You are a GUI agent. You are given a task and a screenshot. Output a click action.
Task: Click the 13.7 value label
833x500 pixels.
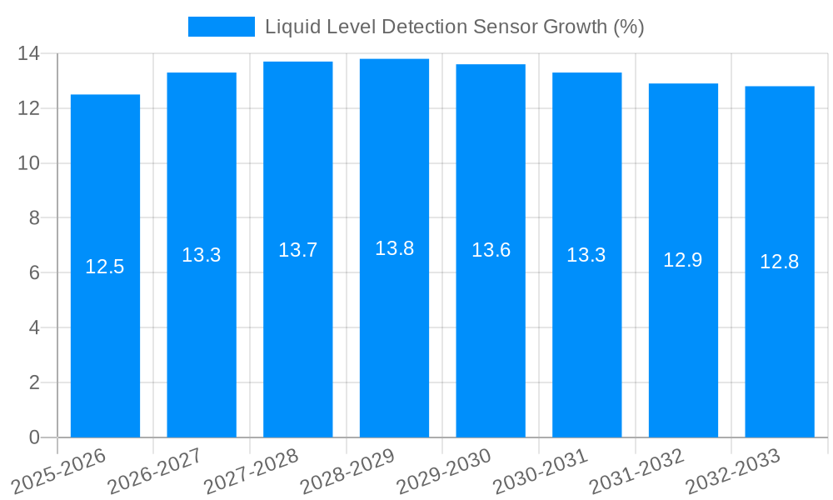297,250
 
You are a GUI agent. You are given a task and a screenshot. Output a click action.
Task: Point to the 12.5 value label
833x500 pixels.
105,267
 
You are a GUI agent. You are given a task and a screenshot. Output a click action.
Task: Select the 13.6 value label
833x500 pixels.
491,250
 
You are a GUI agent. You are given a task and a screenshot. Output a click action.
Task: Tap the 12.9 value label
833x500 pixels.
683,260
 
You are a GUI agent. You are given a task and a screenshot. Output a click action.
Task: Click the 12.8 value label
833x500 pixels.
780,262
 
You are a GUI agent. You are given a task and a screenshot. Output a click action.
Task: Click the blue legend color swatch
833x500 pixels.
221,27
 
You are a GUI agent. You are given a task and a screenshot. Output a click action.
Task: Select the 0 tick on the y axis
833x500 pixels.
34,437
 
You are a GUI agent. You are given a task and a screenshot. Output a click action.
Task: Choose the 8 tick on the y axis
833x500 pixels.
34,218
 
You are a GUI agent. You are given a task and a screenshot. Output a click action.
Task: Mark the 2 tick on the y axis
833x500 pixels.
34,382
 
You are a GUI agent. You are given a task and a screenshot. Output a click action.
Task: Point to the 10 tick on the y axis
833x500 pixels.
29,163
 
